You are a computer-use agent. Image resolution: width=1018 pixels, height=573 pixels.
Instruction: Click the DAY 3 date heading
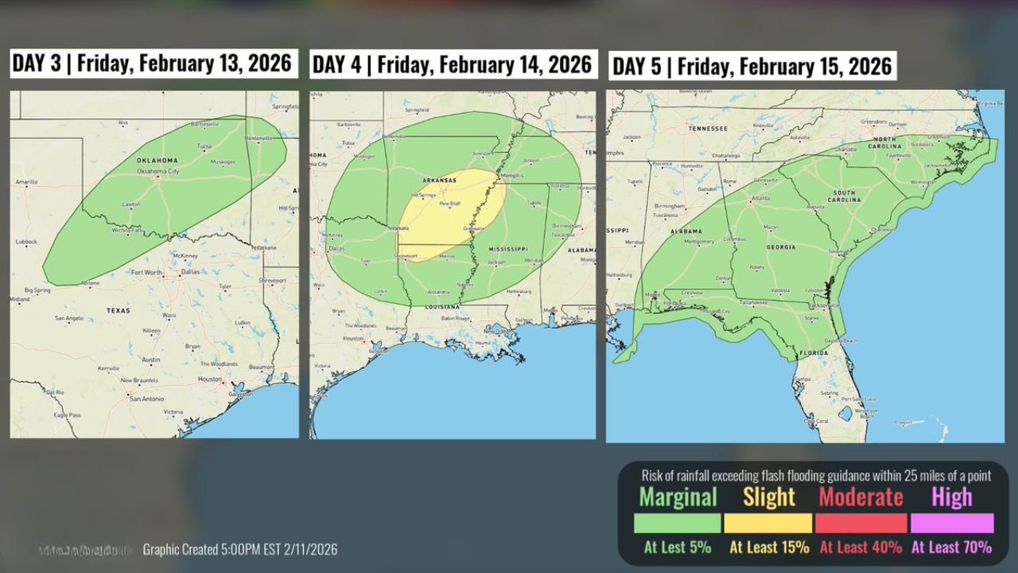[153, 63]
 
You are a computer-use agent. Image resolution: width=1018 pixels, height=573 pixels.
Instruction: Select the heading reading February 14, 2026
[453, 64]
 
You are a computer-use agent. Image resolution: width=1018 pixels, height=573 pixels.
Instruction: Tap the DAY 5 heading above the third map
[752, 66]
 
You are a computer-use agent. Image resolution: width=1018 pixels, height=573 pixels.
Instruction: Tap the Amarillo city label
[25, 182]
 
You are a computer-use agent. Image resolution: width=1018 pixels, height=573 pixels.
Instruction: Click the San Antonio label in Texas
[146, 398]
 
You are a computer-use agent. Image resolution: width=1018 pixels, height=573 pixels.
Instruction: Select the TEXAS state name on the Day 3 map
[118, 310]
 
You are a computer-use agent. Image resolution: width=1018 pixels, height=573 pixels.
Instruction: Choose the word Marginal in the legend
[678, 497]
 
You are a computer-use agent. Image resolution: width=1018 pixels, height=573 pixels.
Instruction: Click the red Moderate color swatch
[861, 523]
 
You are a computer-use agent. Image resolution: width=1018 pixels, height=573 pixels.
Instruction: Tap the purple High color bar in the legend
[952, 523]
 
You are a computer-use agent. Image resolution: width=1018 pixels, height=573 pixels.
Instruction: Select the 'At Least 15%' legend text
[769, 547]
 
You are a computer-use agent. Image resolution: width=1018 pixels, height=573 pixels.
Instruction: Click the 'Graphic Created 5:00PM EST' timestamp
[240, 549]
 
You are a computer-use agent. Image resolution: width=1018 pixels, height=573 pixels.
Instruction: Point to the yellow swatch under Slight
[768, 523]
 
